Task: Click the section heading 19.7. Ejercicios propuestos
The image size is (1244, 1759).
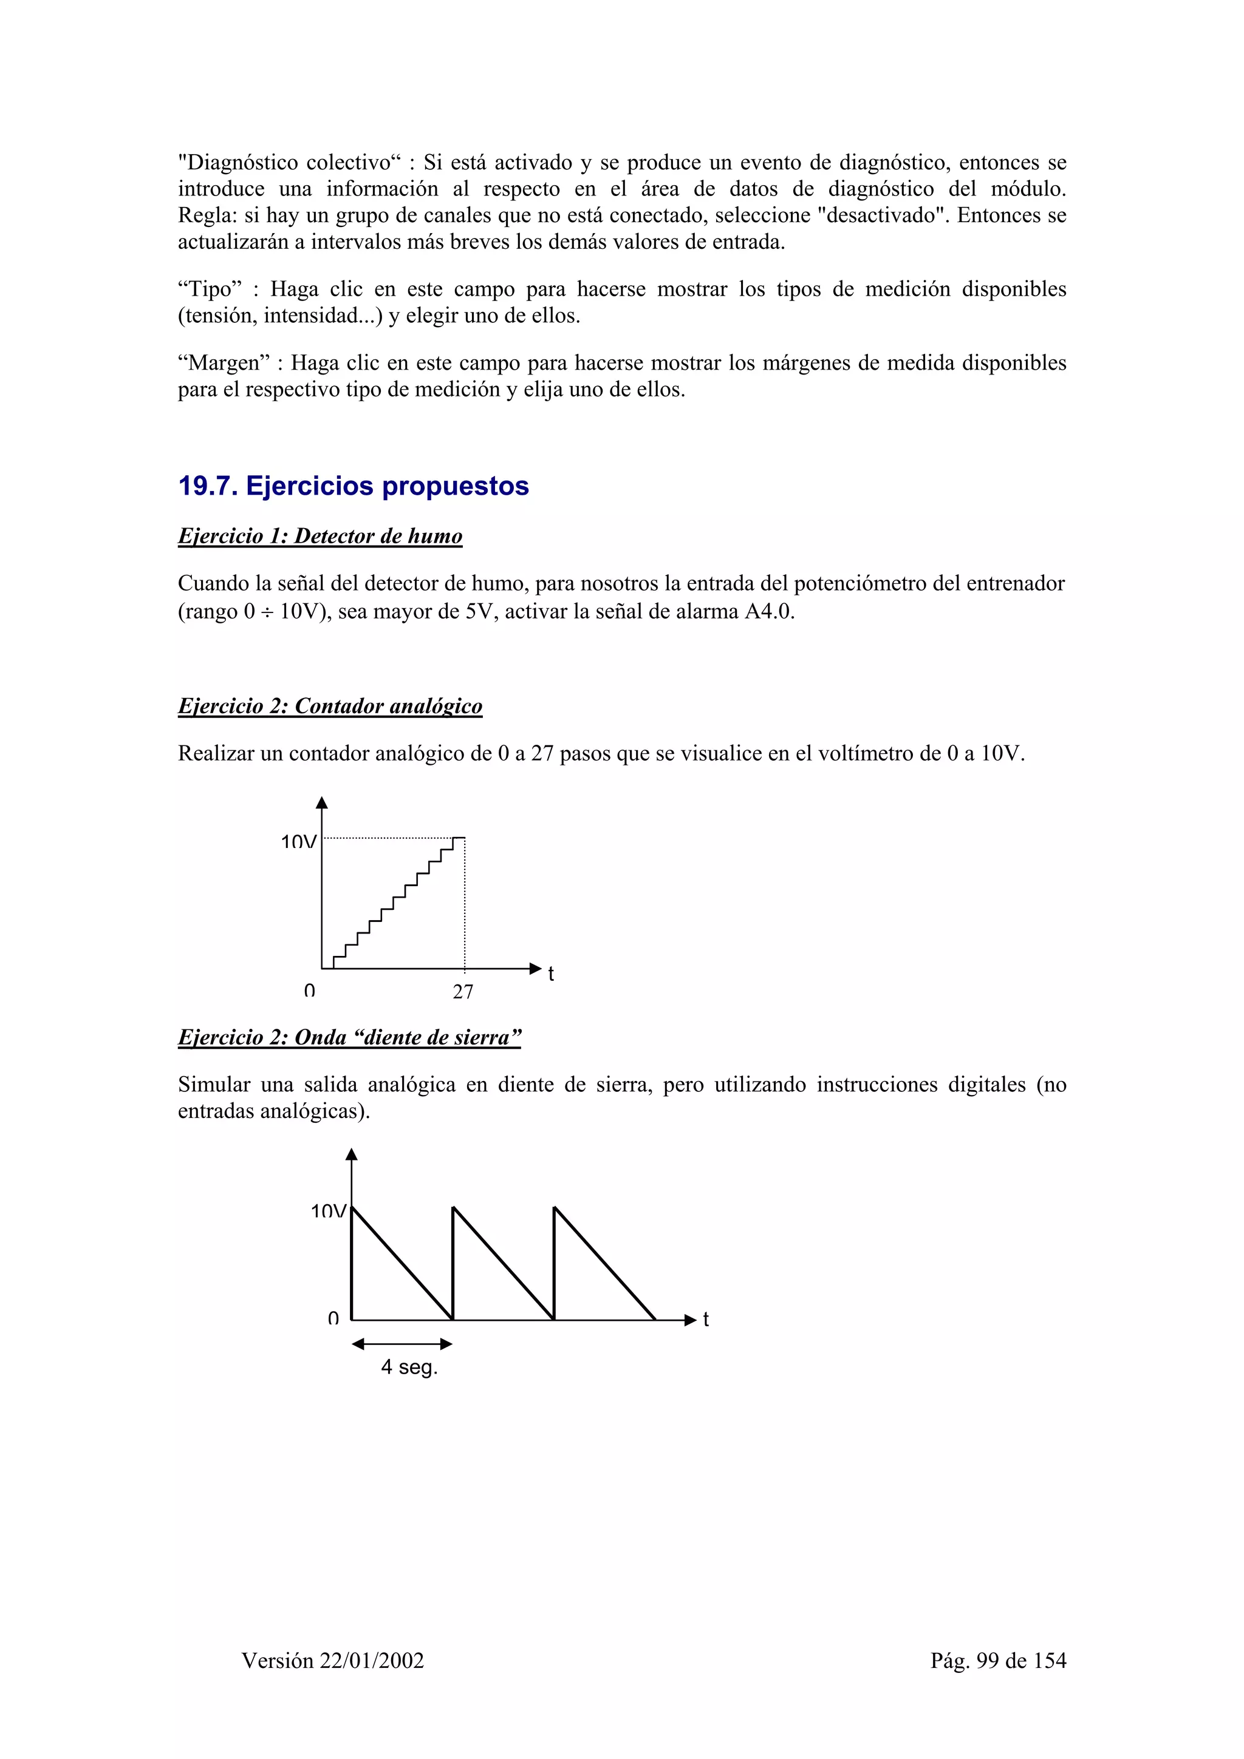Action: [x=354, y=486]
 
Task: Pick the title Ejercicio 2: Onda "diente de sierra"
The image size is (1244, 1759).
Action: [x=349, y=1037]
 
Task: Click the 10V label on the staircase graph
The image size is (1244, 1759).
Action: [x=298, y=842]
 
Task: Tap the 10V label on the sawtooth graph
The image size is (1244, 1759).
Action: [x=328, y=1212]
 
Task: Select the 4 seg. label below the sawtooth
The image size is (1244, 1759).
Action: [x=409, y=1367]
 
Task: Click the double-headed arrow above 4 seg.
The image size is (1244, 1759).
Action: [x=402, y=1344]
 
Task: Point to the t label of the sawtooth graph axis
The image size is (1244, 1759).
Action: [x=706, y=1320]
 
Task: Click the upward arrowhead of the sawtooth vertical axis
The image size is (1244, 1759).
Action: [x=351, y=1154]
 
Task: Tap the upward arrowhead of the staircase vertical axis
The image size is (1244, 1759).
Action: [x=322, y=803]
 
